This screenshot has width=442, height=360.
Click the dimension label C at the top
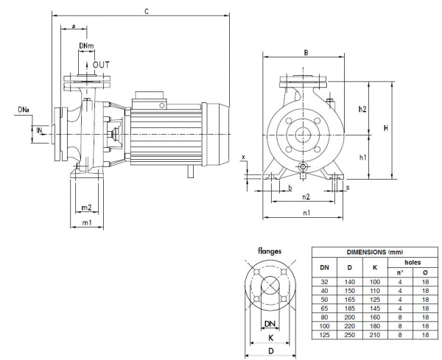coord(147,12)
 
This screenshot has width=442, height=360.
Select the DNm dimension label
coord(86,46)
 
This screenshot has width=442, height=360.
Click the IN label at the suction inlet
coord(41,130)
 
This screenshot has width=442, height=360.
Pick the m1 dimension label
coord(87,222)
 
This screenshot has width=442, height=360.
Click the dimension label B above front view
coord(305,52)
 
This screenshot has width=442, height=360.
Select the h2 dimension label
coord(362,109)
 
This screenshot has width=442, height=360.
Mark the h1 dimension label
coord(362,157)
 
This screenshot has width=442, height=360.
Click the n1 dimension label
coord(306,213)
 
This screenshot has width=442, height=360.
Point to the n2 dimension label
coord(306,197)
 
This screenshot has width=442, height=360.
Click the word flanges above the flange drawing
coord(270,251)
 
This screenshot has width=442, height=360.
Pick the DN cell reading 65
coord(324,308)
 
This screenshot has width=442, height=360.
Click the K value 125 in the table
coord(375,299)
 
